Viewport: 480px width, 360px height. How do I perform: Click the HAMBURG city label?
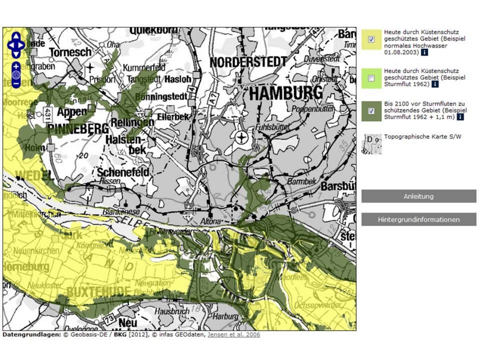pos(286,93)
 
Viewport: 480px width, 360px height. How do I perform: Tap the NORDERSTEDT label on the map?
pos(248,62)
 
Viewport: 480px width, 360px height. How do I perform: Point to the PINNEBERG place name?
pos(78,129)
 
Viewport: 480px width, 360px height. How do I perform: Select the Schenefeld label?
pos(123,172)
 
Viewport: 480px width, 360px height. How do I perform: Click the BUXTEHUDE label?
pos(98,292)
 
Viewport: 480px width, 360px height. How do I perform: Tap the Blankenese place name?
pos(121,212)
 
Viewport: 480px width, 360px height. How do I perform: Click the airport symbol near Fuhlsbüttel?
pos(242,138)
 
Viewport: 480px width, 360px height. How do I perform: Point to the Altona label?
pos(211,221)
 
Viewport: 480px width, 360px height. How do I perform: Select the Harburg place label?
pos(225,316)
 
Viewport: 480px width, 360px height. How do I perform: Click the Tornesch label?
pos(70,52)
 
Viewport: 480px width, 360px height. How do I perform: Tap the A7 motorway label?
pos(213,99)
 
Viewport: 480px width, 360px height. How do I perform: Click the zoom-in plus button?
pos(16,67)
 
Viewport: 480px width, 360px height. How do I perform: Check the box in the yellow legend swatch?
pos(371,39)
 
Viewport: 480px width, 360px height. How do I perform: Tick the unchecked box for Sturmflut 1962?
pos(371,78)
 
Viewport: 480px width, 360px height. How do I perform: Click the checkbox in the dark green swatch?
pos(371,111)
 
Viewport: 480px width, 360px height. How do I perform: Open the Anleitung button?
pos(418,196)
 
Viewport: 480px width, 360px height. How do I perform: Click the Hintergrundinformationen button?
pos(418,219)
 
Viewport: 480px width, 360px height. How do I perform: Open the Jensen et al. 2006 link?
pos(233,335)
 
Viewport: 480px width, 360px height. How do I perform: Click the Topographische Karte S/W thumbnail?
pos(372,144)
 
